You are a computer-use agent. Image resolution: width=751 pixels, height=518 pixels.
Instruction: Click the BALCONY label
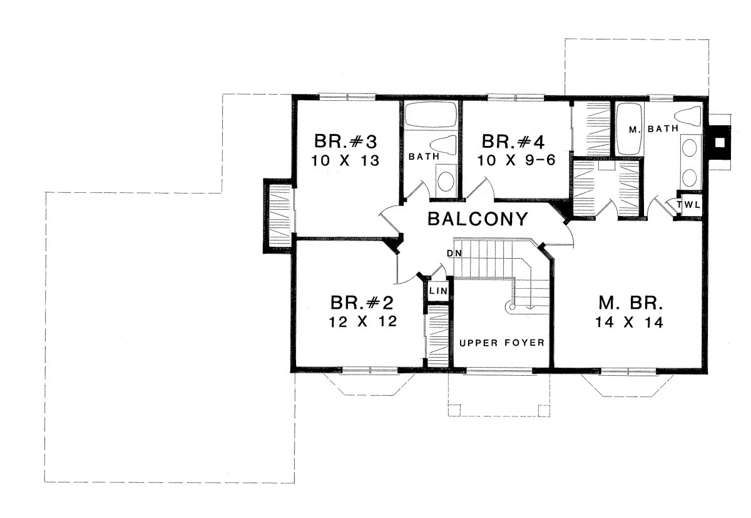pyautogui.click(x=478, y=219)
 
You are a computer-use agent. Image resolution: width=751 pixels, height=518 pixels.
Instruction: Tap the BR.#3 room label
pyautogui.click(x=345, y=141)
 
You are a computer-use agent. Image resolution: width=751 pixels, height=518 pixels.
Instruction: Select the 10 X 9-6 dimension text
pyautogui.click(x=516, y=160)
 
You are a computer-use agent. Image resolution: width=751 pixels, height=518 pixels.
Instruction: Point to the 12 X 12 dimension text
pyautogui.click(x=363, y=322)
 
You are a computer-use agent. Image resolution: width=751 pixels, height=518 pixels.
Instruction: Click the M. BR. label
pyautogui.click(x=631, y=303)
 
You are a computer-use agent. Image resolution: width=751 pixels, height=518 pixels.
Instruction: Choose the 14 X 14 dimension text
pyautogui.click(x=630, y=323)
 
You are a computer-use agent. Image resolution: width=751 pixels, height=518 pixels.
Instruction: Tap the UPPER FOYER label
pyautogui.click(x=501, y=343)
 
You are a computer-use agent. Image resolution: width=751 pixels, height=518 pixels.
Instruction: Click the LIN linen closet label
pyautogui.click(x=439, y=291)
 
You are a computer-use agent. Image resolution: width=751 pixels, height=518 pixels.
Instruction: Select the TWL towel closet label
pyautogui.click(x=688, y=205)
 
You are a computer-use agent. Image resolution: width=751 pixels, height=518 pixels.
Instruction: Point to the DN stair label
pyautogui.click(x=454, y=253)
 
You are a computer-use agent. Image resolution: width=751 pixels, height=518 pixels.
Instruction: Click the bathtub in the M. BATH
pyautogui.click(x=630, y=129)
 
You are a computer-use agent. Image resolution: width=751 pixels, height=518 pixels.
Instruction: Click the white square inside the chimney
pyautogui.click(x=720, y=143)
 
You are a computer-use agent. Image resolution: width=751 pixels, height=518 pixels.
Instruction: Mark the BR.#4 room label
pyautogui.click(x=513, y=141)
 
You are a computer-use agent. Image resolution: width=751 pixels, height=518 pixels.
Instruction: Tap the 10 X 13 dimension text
pyautogui.click(x=345, y=161)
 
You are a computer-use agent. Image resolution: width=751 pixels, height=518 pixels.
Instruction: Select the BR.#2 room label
pyautogui.click(x=362, y=303)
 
